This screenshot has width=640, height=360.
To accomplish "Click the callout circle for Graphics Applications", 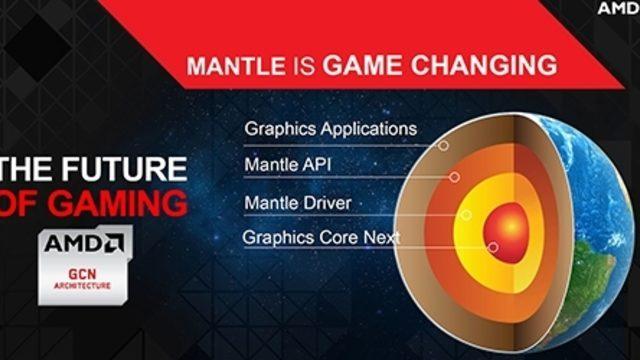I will coord(443,146).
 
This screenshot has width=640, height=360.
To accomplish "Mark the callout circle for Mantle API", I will coord(454,177).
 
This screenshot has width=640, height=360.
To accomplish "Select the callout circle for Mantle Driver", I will coord(466,215).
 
